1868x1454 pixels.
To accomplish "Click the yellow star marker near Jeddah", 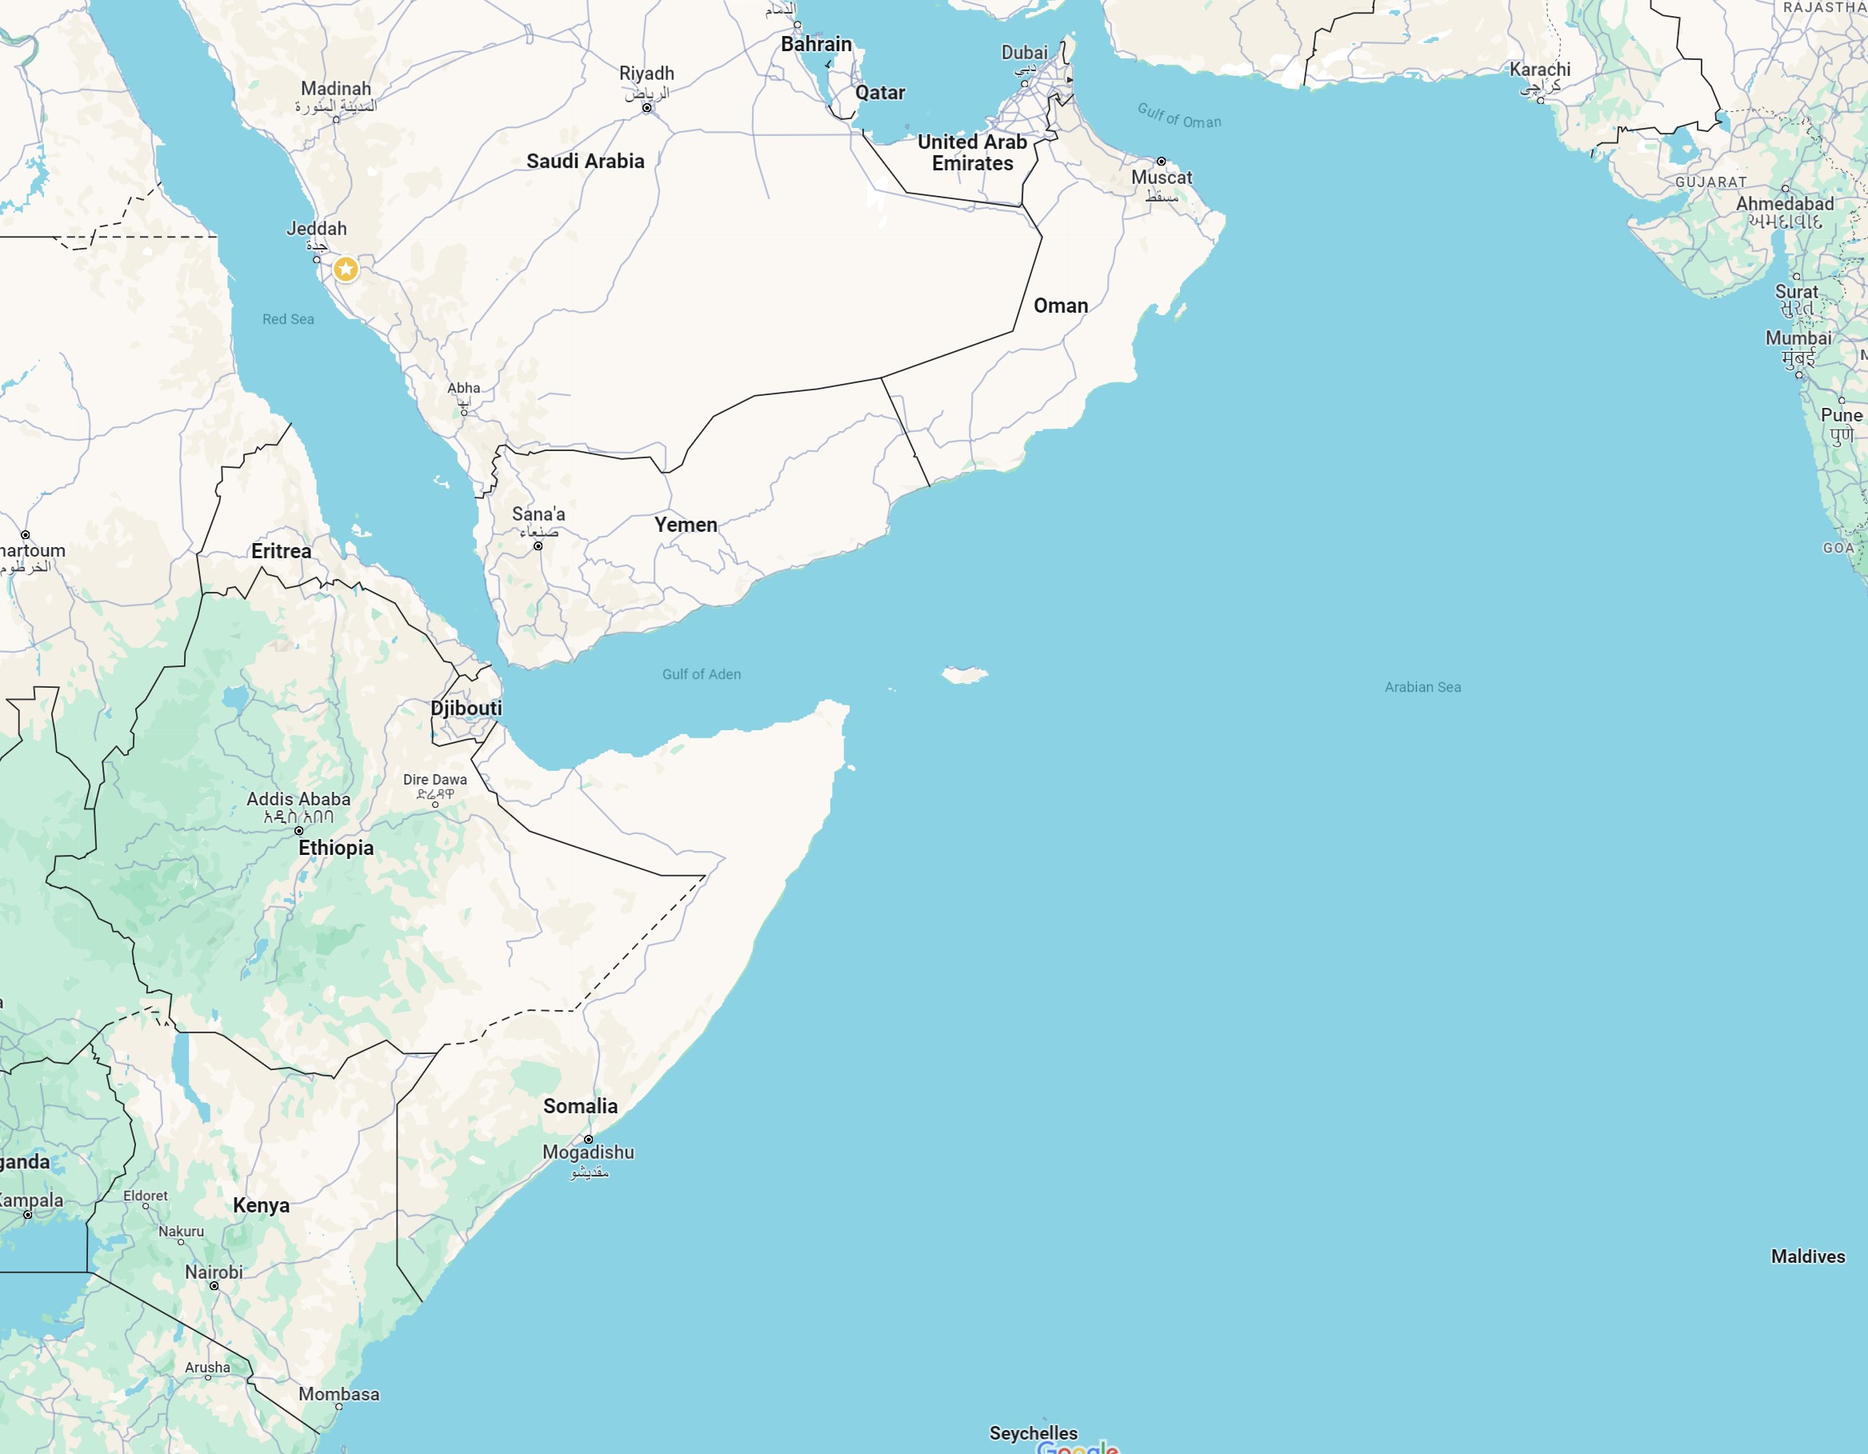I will click(346, 270).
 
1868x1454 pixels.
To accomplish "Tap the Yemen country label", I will click(685, 525).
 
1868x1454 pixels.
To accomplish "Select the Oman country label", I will click(1061, 306).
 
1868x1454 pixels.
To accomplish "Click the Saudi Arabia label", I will click(585, 161).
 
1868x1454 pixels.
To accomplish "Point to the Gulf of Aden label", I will click(702, 674).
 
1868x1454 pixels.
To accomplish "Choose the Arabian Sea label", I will click(1422, 687).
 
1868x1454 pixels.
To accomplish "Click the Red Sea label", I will click(288, 319).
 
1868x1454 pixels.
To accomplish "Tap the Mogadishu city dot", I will click(589, 1139).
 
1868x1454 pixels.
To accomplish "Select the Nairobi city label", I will click(214, 1272).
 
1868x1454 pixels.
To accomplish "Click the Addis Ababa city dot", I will click(298, 830).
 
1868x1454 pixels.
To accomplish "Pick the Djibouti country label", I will click(466, 708).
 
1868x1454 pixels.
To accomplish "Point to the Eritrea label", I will click(282, 551).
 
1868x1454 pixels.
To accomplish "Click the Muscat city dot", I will click(1161, 161).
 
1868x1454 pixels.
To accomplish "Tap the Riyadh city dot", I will click(646, 108).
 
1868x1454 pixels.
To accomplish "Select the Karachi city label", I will click(1539, 70).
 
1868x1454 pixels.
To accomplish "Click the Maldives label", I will click(1807, 1256).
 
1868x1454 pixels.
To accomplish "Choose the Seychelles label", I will click(1034, 1432).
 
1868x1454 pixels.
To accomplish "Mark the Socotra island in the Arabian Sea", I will click(965, 675).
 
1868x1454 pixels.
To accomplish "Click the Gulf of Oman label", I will click(1178, 115).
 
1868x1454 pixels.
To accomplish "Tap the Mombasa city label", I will click(338, 1393).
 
